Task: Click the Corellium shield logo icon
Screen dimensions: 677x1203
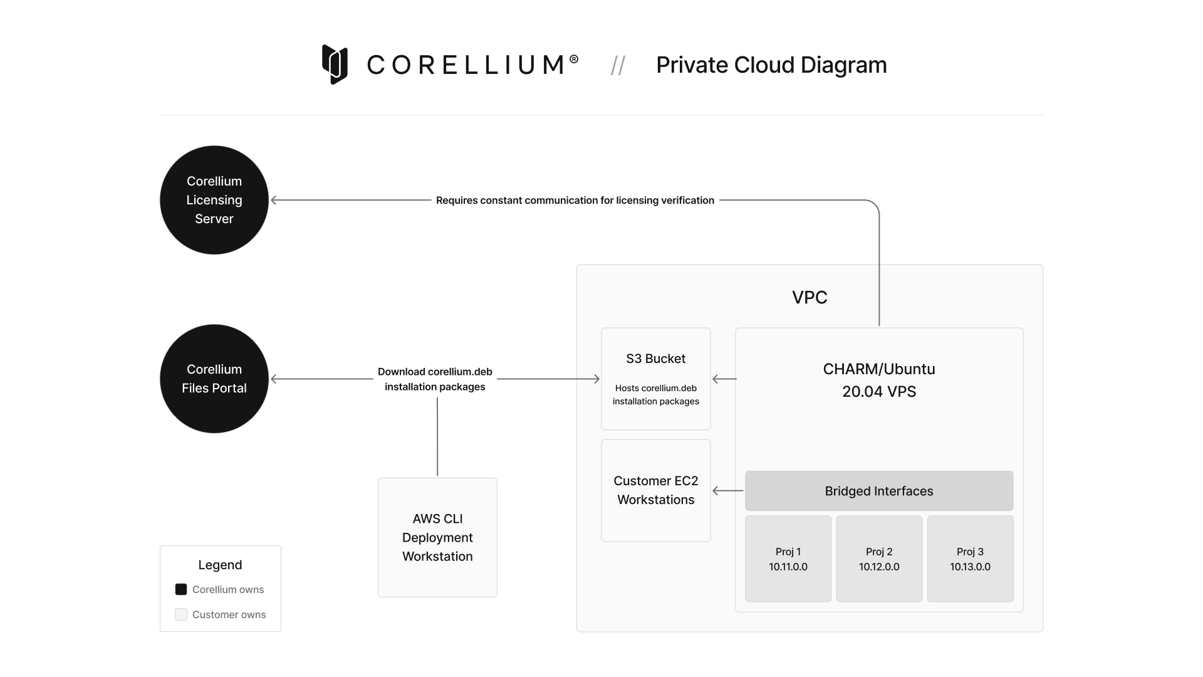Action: tap(335, 64)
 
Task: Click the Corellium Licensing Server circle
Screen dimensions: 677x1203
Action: tap(214, 200)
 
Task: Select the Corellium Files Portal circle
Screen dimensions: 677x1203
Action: tap(214, 379)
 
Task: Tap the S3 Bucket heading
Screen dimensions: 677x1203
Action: tap(655, 359)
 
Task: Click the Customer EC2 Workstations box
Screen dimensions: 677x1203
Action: tap(655, 490)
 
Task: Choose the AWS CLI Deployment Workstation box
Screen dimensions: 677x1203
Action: tap(437, 537)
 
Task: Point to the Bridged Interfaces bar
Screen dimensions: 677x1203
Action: tap(878, 491)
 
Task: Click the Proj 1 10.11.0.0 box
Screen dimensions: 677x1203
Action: tap(788, 559)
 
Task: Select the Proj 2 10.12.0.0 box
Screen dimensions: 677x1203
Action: tap(878, 559)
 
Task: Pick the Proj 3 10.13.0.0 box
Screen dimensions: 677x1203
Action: tap(970, 559)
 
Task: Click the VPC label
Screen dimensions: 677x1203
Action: tap(809, 297)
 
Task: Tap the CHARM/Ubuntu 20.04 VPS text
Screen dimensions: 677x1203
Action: tap(878, 380)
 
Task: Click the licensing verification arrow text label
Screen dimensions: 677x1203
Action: tap(575, 200)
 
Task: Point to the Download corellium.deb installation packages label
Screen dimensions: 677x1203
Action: tap(435, 379)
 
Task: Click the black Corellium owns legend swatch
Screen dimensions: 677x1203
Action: tap(181, 589)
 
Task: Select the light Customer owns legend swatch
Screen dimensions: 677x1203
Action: tap(181, 614)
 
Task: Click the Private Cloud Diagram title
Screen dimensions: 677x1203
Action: tap(771, 65)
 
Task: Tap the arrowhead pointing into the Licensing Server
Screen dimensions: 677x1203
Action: tap(274, 200)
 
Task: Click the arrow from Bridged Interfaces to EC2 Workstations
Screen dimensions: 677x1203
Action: tap(727, 491)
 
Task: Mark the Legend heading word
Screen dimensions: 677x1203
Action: tap(220, 565)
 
